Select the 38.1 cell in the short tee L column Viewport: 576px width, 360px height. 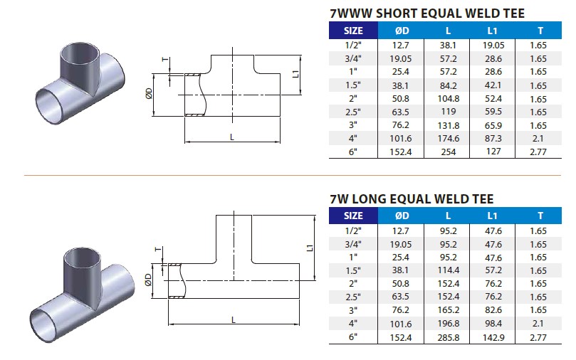[447, 44]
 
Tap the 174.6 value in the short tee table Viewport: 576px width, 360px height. [447, 139]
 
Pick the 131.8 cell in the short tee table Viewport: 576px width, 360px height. [447, 125]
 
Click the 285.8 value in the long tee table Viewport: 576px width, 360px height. [447, 338]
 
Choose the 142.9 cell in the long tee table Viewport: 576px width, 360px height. [492, 338]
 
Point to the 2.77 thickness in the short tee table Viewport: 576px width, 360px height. [539, 152]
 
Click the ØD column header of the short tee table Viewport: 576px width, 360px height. [402, 31]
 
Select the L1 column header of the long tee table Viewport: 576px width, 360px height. [492, 216]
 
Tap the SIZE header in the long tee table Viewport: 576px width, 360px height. [353, 216]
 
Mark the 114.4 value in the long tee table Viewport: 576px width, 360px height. [447, 270]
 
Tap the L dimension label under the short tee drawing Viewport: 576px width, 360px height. [232, 136]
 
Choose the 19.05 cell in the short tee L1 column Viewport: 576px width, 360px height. [492, 44]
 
